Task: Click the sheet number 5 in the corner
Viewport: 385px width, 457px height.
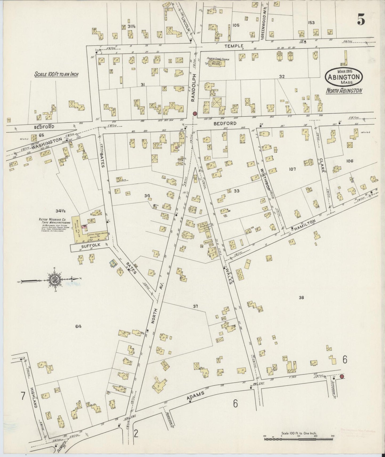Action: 361,19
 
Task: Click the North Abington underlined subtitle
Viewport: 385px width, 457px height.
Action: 344,91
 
